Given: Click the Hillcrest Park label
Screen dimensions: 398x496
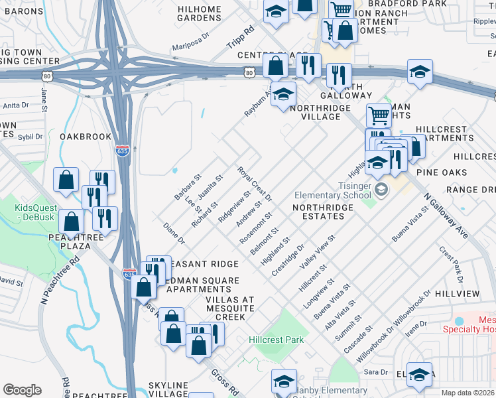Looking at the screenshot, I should coord(276,340).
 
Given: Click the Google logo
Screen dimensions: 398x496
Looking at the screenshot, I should coord(22,390).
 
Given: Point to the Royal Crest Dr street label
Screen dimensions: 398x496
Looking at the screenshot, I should coord(255,184).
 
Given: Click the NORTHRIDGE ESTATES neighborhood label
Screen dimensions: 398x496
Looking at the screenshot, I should coord(323,212).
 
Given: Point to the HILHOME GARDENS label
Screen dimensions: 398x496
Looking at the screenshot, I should coord(199,13).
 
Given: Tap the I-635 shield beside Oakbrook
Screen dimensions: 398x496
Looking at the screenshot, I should coord(122,151).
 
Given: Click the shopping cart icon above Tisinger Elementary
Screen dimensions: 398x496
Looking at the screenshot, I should coord(379,115).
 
